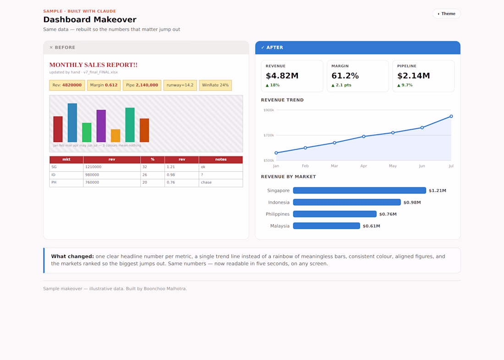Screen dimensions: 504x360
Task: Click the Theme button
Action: click(x=446, y=14)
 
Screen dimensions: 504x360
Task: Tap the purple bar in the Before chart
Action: click(x=101, y=126)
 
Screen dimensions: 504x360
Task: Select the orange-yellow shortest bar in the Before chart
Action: click(x=115, y=136)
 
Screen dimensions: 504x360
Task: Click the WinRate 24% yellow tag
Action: click(x=215, y=85)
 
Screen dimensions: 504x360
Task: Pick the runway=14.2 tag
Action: click(x=180, y=85)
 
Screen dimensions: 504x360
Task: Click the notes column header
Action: click(x=221, y=159)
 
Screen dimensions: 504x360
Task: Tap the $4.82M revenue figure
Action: click(x=282, y=76)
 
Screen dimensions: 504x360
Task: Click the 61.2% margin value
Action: click(x=345, y=76)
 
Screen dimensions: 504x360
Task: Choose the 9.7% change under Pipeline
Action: click(x=405, y=85)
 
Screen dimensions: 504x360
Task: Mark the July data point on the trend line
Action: click(x=451, y=116)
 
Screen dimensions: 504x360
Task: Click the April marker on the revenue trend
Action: click(x=363, y=136)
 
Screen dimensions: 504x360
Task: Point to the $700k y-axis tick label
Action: click(x=268, y=135)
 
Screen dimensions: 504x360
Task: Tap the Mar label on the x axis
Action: click(x=334, y=166)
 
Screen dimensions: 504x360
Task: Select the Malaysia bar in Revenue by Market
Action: click(x=327, y=226)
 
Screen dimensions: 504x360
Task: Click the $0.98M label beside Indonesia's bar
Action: click(x=412, y=202)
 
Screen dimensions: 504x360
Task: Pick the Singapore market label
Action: click(x=279, y=191)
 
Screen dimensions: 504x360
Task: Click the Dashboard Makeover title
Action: click(x=90, y=20)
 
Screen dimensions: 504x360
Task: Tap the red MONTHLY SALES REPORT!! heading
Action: click(x=93, y=65)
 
